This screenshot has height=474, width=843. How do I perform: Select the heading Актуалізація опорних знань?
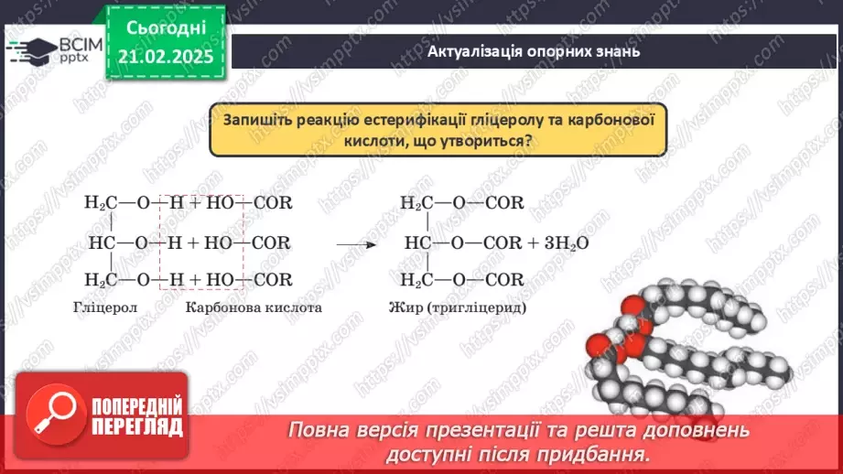pos(533,52)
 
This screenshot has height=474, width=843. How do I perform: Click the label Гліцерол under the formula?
pos(104,307)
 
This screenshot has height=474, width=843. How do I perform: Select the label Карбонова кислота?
pos(254,307)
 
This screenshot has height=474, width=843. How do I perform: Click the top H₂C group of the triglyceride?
pos(416,203)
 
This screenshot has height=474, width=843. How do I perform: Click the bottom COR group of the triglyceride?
pos(504,280)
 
